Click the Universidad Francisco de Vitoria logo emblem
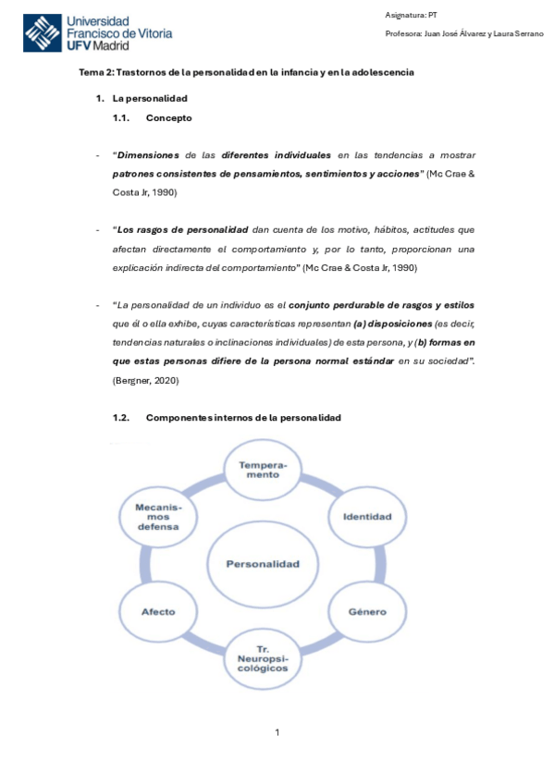[42, 33]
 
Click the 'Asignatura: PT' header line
[411, 15]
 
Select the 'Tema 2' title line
[246, 72]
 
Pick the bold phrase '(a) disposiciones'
[393, 324]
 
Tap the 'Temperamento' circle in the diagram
[263, 470]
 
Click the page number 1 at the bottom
[277, 733]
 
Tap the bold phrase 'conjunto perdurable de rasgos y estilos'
[382, 304]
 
